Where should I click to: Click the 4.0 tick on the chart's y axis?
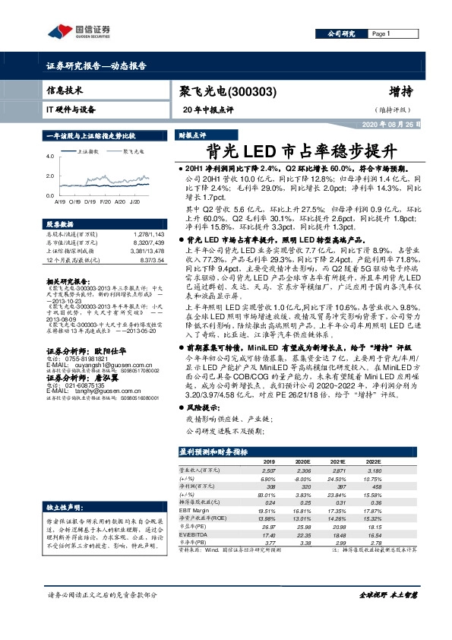pyautogui.click(x=50, y=156)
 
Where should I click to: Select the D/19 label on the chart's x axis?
pyautogui.click(x=89, y=202)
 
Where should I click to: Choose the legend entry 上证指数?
pyautogui.click(x=90, y=152)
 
